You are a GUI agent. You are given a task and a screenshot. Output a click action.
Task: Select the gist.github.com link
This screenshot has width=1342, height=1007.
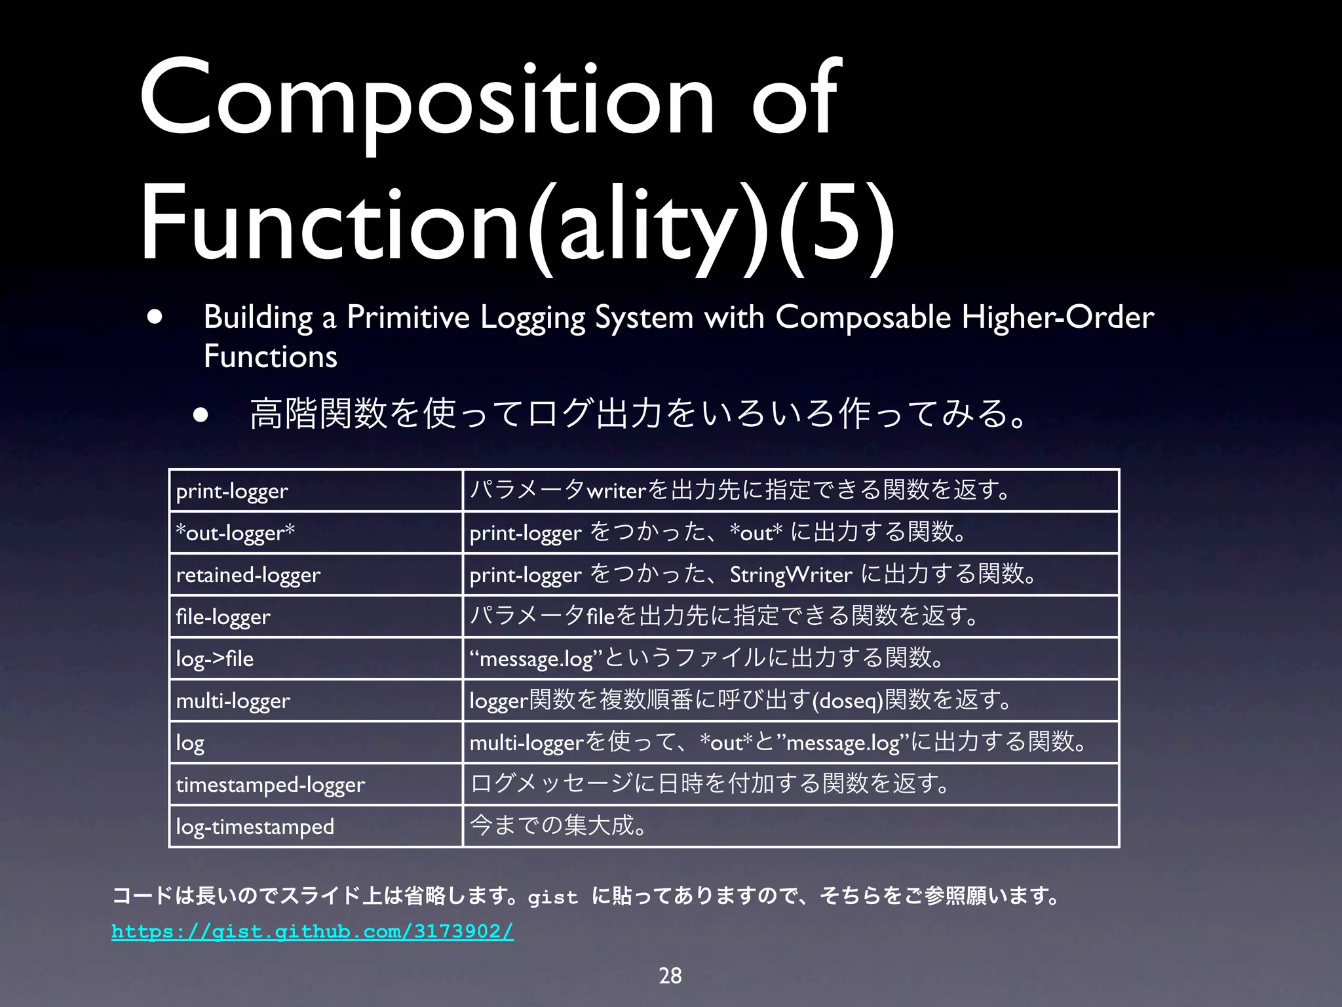tap(313, 931)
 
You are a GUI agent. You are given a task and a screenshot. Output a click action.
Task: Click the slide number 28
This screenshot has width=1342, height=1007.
tap(670, 976)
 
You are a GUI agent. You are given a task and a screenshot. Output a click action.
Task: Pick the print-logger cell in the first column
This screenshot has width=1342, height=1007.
tap(232, 491)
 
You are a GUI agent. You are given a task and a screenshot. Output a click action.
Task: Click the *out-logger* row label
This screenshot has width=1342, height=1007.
tap(235, 533)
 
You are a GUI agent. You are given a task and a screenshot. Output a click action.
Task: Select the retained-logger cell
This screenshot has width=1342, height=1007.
tap(248, 575)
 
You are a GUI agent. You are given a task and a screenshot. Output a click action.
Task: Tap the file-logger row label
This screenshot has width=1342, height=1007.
tap(223, 617)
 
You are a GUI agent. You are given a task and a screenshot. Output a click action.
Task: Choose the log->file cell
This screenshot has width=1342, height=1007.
tap(214, 659)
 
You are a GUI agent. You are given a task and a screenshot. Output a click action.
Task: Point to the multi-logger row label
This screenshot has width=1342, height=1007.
tap(233, 701)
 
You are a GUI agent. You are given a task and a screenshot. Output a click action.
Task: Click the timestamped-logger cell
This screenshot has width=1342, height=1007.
tap(270, 785)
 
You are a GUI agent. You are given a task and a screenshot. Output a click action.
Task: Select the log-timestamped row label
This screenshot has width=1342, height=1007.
tap(255, 827)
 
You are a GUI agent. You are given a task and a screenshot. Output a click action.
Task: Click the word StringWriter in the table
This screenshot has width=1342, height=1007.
tap(790, 575)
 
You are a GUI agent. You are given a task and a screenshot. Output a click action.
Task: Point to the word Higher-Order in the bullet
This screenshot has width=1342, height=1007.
tap(1057, 318)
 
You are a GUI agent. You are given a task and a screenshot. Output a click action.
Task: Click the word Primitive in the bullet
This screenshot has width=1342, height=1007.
tap(408, 318)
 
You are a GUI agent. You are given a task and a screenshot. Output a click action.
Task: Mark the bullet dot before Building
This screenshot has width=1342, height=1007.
tap(155, 317)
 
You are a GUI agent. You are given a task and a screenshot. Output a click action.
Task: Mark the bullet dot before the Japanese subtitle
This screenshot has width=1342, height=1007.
tap(201, 415)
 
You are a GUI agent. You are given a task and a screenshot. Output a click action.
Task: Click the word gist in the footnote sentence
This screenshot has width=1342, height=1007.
tap(552, 897)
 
